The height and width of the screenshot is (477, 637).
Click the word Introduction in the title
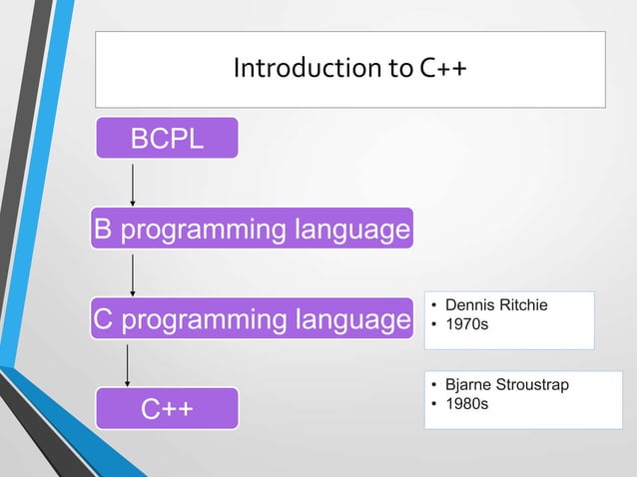point(308,68)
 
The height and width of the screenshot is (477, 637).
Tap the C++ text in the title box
point(443,68)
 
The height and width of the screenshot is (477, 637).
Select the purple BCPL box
point(167,138)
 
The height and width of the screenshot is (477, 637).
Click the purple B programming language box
point(252,229)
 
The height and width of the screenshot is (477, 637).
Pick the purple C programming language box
point(252,318)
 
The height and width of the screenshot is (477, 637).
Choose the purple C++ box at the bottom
point(167,408)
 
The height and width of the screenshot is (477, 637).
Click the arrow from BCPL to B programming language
point(133,186)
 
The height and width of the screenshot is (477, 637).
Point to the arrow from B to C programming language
point(133,275)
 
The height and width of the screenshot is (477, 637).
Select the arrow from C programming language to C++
point(127,365)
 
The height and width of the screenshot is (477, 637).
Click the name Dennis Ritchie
point(496,305)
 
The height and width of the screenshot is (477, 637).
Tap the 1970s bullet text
point(467,324)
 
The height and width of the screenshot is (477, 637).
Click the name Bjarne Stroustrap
point(507,384)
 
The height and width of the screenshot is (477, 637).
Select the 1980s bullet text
point(467,404)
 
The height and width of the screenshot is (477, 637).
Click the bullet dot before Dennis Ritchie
point(434,305)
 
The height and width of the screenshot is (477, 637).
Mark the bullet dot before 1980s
point(434,404)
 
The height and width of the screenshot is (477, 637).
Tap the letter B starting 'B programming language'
point(103,228)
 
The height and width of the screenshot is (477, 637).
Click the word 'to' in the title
point(400,69)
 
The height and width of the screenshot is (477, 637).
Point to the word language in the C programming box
point(352,320)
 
